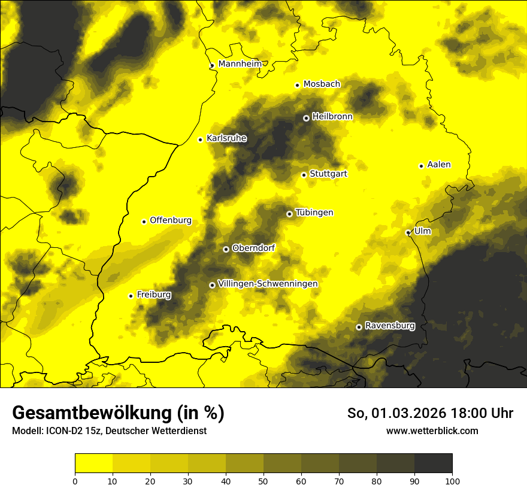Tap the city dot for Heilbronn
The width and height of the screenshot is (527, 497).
point(306,118)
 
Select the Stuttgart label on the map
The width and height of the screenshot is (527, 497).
point(328,174)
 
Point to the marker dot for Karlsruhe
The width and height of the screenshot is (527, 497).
point(201,140)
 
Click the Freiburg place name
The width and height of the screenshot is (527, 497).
point(154,295)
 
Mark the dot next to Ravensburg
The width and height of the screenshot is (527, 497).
point(359,327)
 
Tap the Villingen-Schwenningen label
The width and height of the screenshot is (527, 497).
point(268,284)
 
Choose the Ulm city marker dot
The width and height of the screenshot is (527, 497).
point(408,232)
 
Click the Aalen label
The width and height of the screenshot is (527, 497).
point(439,165)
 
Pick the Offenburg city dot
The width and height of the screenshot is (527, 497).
point(144,222)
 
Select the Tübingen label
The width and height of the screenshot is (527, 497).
point(314,213)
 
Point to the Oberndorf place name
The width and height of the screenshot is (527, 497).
point(253,248)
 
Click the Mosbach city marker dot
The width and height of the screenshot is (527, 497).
point(297,85)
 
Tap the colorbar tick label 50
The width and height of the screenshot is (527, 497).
point(263,480)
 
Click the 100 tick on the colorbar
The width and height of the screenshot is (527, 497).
point(452,480)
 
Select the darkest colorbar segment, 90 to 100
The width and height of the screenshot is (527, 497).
point(433,463)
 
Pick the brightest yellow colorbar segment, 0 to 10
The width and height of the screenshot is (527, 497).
point(93,463)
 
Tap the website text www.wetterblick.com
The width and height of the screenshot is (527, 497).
point(432,431)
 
